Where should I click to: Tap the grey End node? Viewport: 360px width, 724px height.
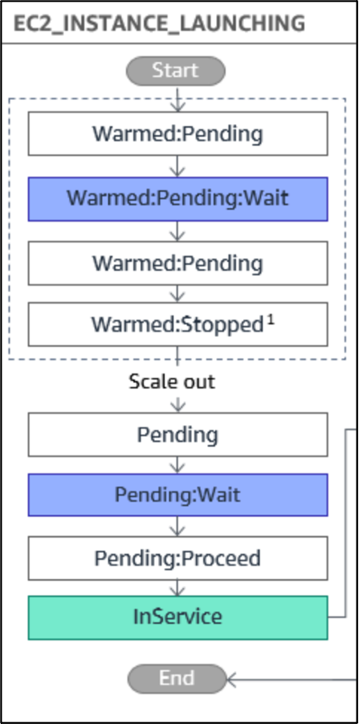(176, 677)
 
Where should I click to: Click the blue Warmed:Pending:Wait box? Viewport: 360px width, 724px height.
(178, 198)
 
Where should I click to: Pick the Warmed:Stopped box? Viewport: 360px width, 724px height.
(178, 324)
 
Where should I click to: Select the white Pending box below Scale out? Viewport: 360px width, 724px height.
(178, 434)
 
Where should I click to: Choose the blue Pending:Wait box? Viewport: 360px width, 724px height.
(178, 494)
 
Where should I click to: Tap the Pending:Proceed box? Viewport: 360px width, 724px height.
(178, 557)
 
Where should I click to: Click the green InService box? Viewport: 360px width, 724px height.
(178, 617)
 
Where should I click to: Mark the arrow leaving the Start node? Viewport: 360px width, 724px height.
(178, 96)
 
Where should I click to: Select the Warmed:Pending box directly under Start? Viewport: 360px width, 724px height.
(178, 134)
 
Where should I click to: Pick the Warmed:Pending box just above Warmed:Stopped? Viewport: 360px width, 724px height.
(178, 263)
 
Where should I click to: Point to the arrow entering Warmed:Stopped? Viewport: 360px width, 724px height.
(178, 294)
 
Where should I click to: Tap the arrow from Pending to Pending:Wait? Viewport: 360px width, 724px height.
(178, 465)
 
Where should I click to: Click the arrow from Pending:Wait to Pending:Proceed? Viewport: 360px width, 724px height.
(178, 526)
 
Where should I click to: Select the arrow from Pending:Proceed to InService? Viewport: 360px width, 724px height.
(178, 587)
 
